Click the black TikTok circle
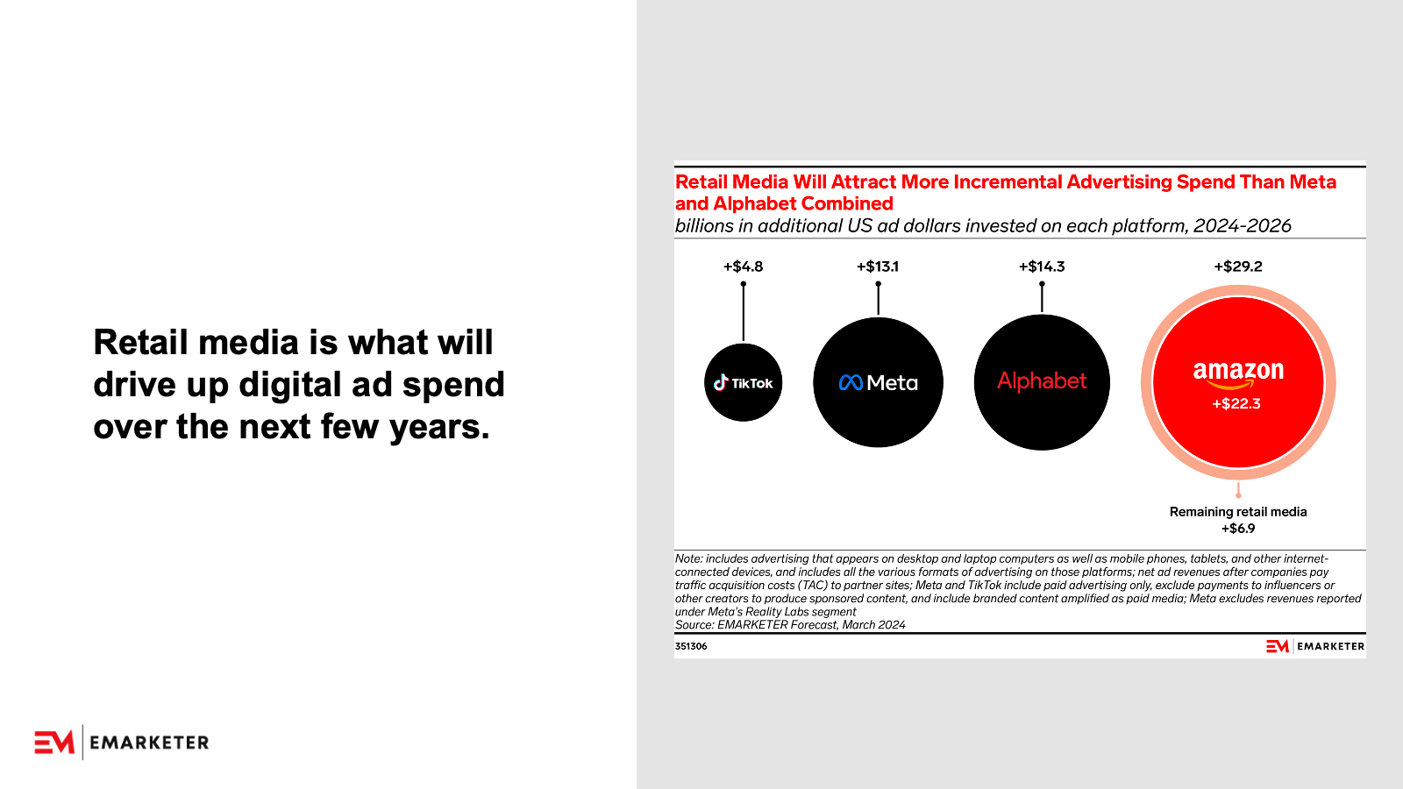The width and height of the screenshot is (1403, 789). point(744,382)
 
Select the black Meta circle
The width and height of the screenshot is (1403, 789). point(878,382)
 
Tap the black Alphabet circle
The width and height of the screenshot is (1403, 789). point(1043,382)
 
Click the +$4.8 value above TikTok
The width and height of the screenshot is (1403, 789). point(744,267)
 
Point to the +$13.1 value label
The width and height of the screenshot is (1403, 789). point(878,267)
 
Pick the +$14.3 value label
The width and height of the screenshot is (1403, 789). point(1042,267)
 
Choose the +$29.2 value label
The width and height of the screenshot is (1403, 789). point(1238,267)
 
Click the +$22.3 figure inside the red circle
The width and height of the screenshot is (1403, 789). point(1236,404)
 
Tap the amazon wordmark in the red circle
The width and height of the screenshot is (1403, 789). point(1238,373)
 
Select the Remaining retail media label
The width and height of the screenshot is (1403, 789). point(1238,512)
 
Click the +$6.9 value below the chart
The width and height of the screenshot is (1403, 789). point(1238,529)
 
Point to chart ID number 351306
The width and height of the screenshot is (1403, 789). point(691,646)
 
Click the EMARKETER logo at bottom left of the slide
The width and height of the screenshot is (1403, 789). point(122,743)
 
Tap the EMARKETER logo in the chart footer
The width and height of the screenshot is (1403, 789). point(1315,646)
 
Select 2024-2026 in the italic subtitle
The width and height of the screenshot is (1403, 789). point(1242,225)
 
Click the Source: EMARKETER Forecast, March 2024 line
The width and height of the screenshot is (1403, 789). point(790,625)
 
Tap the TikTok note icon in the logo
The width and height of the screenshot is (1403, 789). point(721,382)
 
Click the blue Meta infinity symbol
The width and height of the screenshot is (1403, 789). point(851,382)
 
